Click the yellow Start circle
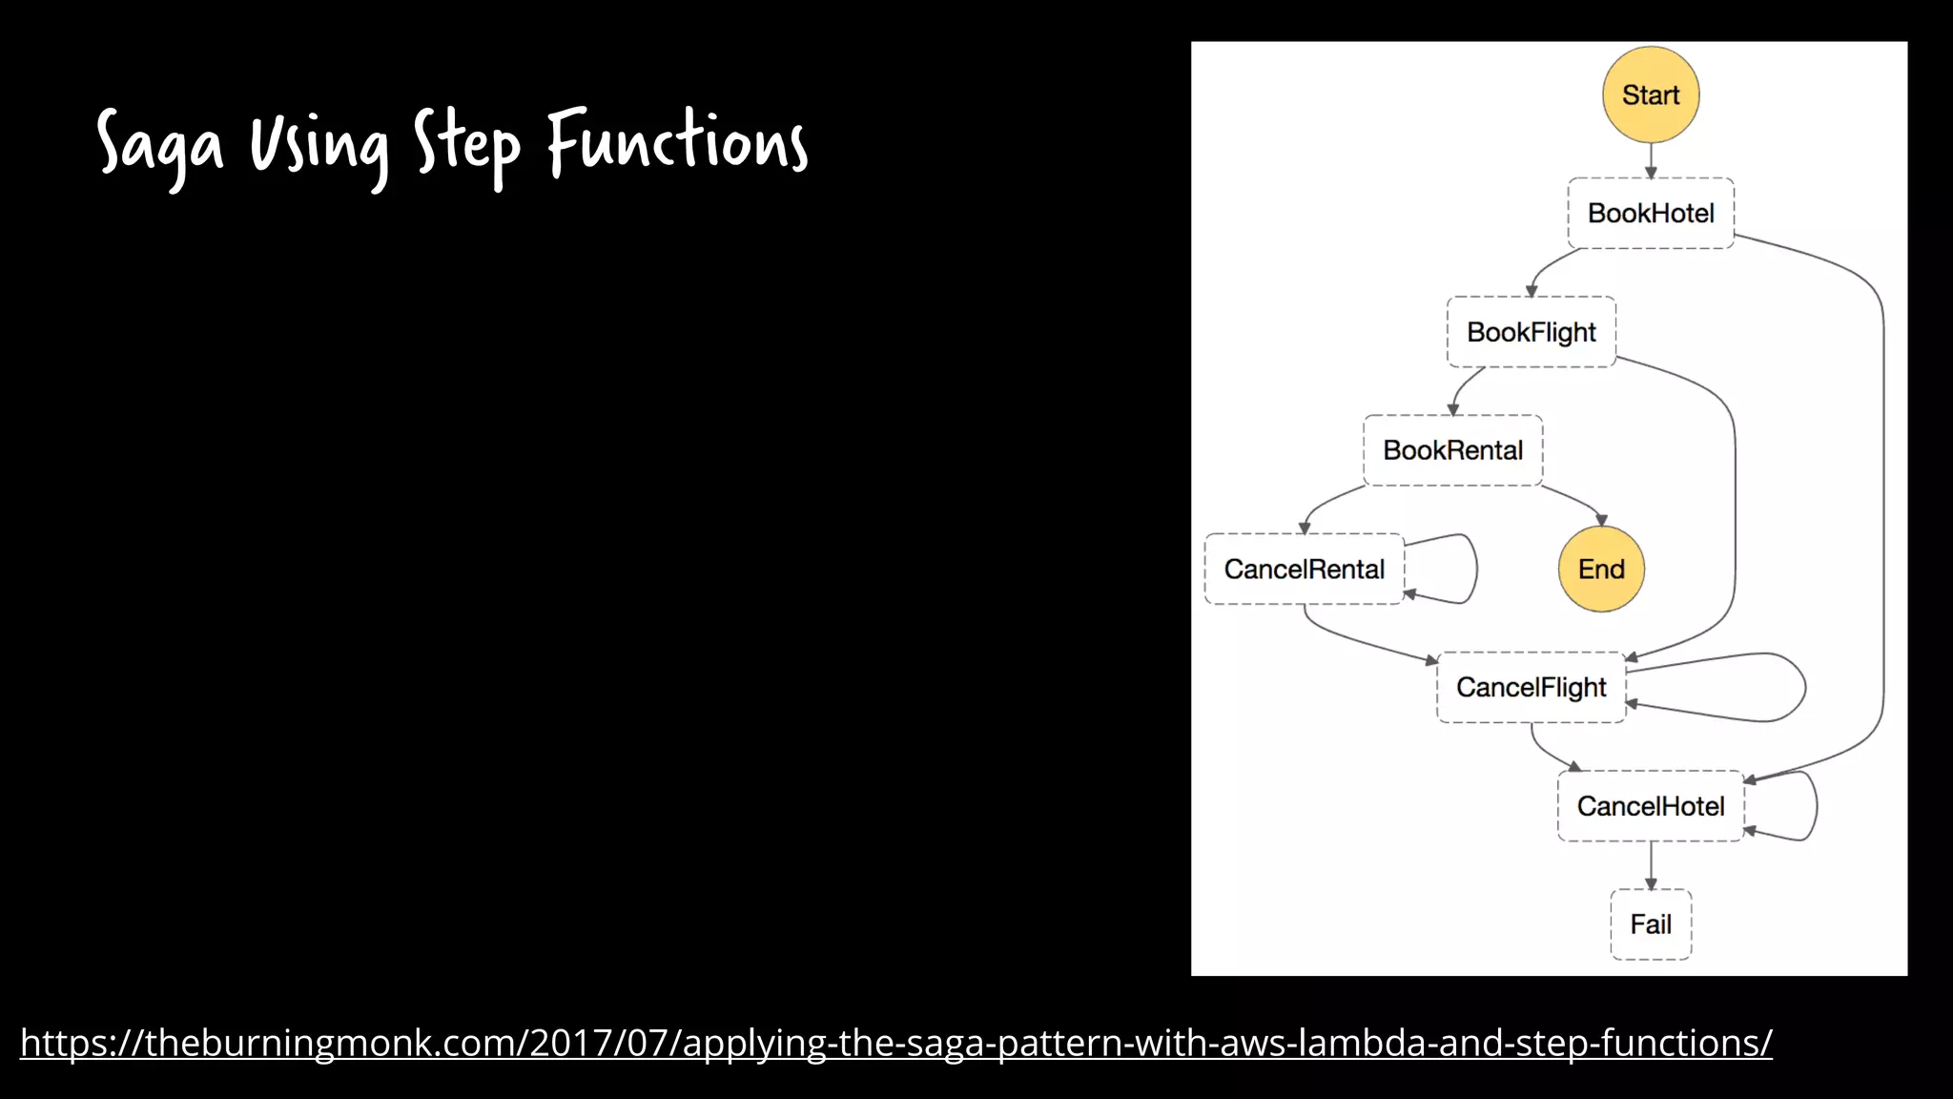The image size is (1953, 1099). [1651, 94]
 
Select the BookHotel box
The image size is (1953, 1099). [1651, 213]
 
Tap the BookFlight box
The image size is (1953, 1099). [1531, 332]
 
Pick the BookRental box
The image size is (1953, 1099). [1452, 450]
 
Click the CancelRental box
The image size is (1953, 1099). [1304, 569]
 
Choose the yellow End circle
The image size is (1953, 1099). [1601, 569]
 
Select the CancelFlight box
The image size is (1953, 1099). [1531, 687]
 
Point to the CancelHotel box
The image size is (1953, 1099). [1651, 806]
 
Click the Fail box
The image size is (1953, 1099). [1651, 923]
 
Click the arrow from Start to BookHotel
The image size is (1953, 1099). [1651, 160]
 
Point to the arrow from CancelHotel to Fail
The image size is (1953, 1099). [1651, 865]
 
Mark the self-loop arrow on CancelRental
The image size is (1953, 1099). [1475, 568]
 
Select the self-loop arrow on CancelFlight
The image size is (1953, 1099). [1802, 687]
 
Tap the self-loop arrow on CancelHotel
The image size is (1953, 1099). [1816, 806]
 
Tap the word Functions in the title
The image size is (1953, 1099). [677, 143]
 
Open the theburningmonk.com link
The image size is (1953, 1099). [895, 1043]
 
